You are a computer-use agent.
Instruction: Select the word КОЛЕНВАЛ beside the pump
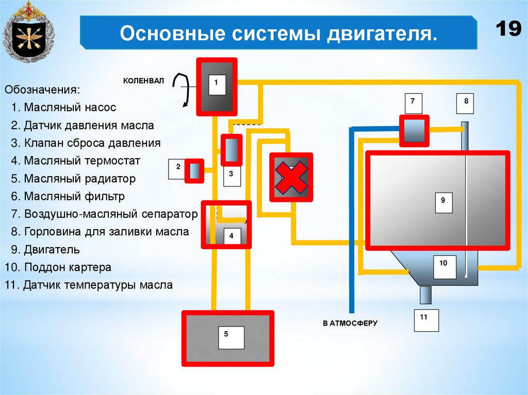click(x=143, y=81)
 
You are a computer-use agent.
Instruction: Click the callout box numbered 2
click(x=178, y=169)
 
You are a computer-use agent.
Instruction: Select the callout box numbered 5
click(x=226, y=337)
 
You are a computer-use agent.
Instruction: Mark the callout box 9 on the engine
click(x=443, y=202)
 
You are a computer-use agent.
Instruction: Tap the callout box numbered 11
click(x=426, y=320)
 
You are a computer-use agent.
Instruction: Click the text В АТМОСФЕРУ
click(x=350, y=323)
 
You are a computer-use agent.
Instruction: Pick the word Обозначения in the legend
click(x=42, y=90)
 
